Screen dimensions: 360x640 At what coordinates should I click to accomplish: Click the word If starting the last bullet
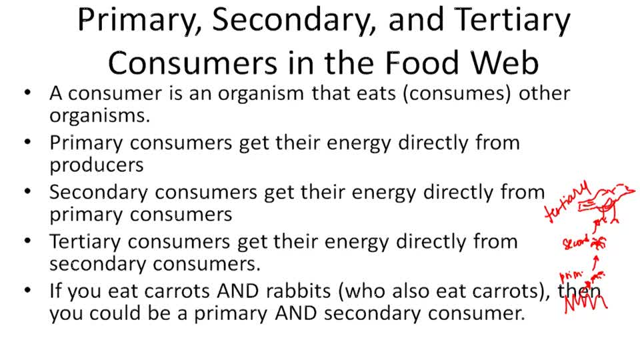point(57,291)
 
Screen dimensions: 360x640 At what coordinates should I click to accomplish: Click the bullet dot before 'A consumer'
point(27,93)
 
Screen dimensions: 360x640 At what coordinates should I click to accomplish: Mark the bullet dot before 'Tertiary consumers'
point(27,241)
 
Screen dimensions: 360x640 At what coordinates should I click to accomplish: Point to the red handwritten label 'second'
point(575,241)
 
